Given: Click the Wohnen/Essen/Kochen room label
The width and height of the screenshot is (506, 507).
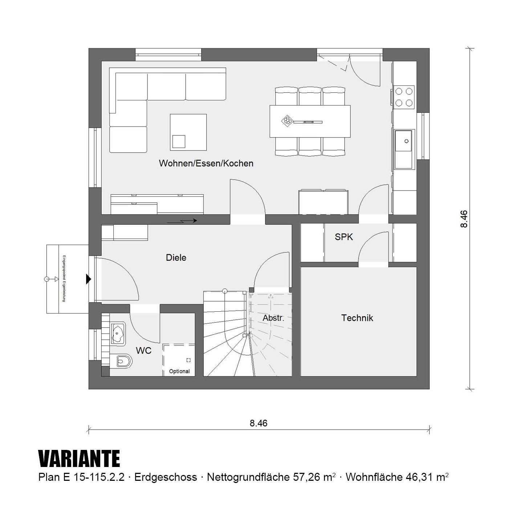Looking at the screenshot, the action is (206, 163).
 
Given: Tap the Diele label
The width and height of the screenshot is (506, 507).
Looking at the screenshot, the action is (176, 258).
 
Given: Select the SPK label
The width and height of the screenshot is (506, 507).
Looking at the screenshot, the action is (344, 237).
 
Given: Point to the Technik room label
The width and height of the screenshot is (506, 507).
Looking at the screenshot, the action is (357, 318).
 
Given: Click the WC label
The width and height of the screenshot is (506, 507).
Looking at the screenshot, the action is (144, 351).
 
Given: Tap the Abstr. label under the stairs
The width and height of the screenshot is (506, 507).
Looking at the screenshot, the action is (274, 318).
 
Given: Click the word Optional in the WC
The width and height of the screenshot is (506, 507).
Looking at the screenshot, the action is (179, 371).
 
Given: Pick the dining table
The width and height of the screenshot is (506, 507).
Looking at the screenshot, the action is (310, 121).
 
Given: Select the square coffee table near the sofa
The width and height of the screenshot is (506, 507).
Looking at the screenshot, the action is (188, 132).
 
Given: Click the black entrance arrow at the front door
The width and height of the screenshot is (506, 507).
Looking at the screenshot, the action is (89, 279).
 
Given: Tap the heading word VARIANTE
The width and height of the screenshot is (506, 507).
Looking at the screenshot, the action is (79, 459).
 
